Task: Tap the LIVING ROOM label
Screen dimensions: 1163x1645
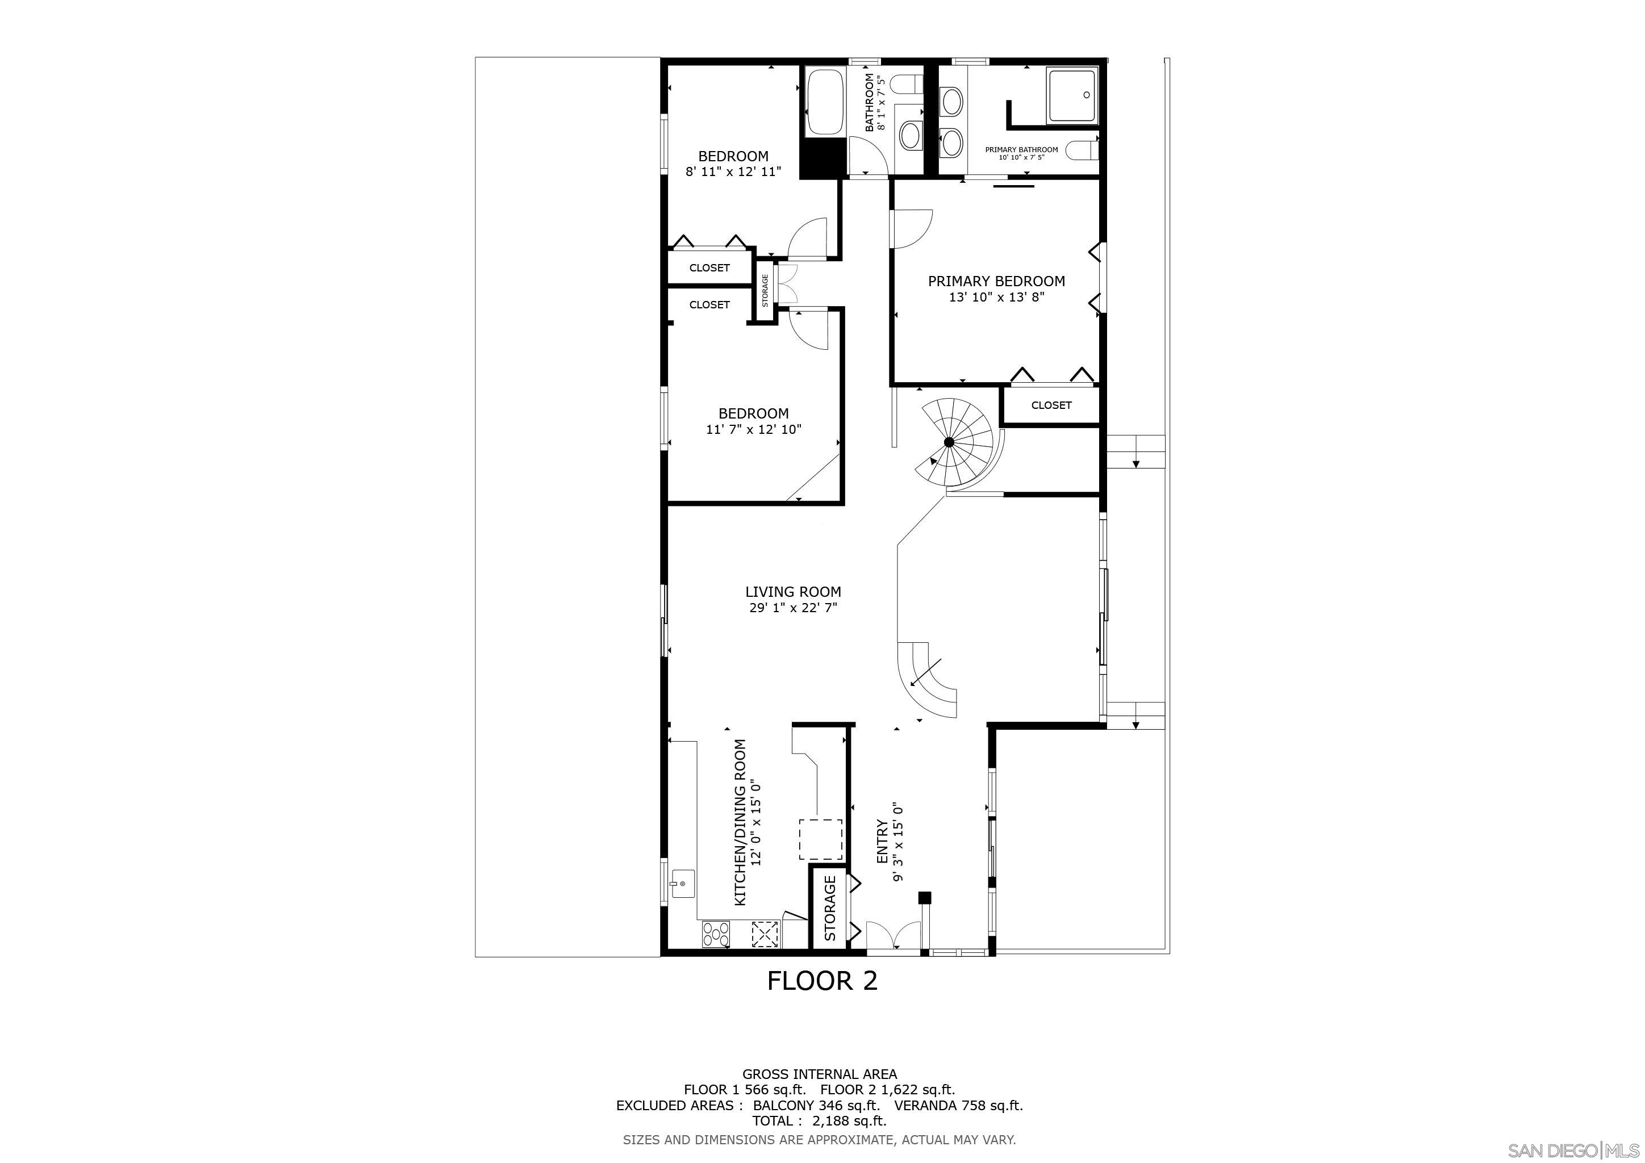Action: coord(792,592)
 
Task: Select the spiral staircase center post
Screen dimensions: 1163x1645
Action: coord(949,442)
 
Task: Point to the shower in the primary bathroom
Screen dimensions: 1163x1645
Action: coord(1072,95)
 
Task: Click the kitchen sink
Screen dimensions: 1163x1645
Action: coord(180,884)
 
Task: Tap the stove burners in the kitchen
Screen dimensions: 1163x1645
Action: coord(214,934)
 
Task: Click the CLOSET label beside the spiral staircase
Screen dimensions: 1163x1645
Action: coord(1051,405)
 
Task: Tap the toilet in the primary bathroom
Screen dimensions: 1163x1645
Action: coord(1081,150)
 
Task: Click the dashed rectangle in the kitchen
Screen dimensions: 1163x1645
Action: coord(821,839)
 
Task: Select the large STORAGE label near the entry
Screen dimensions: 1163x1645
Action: coord(830,908)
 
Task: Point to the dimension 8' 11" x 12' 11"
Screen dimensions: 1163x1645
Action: coord(733,172)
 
